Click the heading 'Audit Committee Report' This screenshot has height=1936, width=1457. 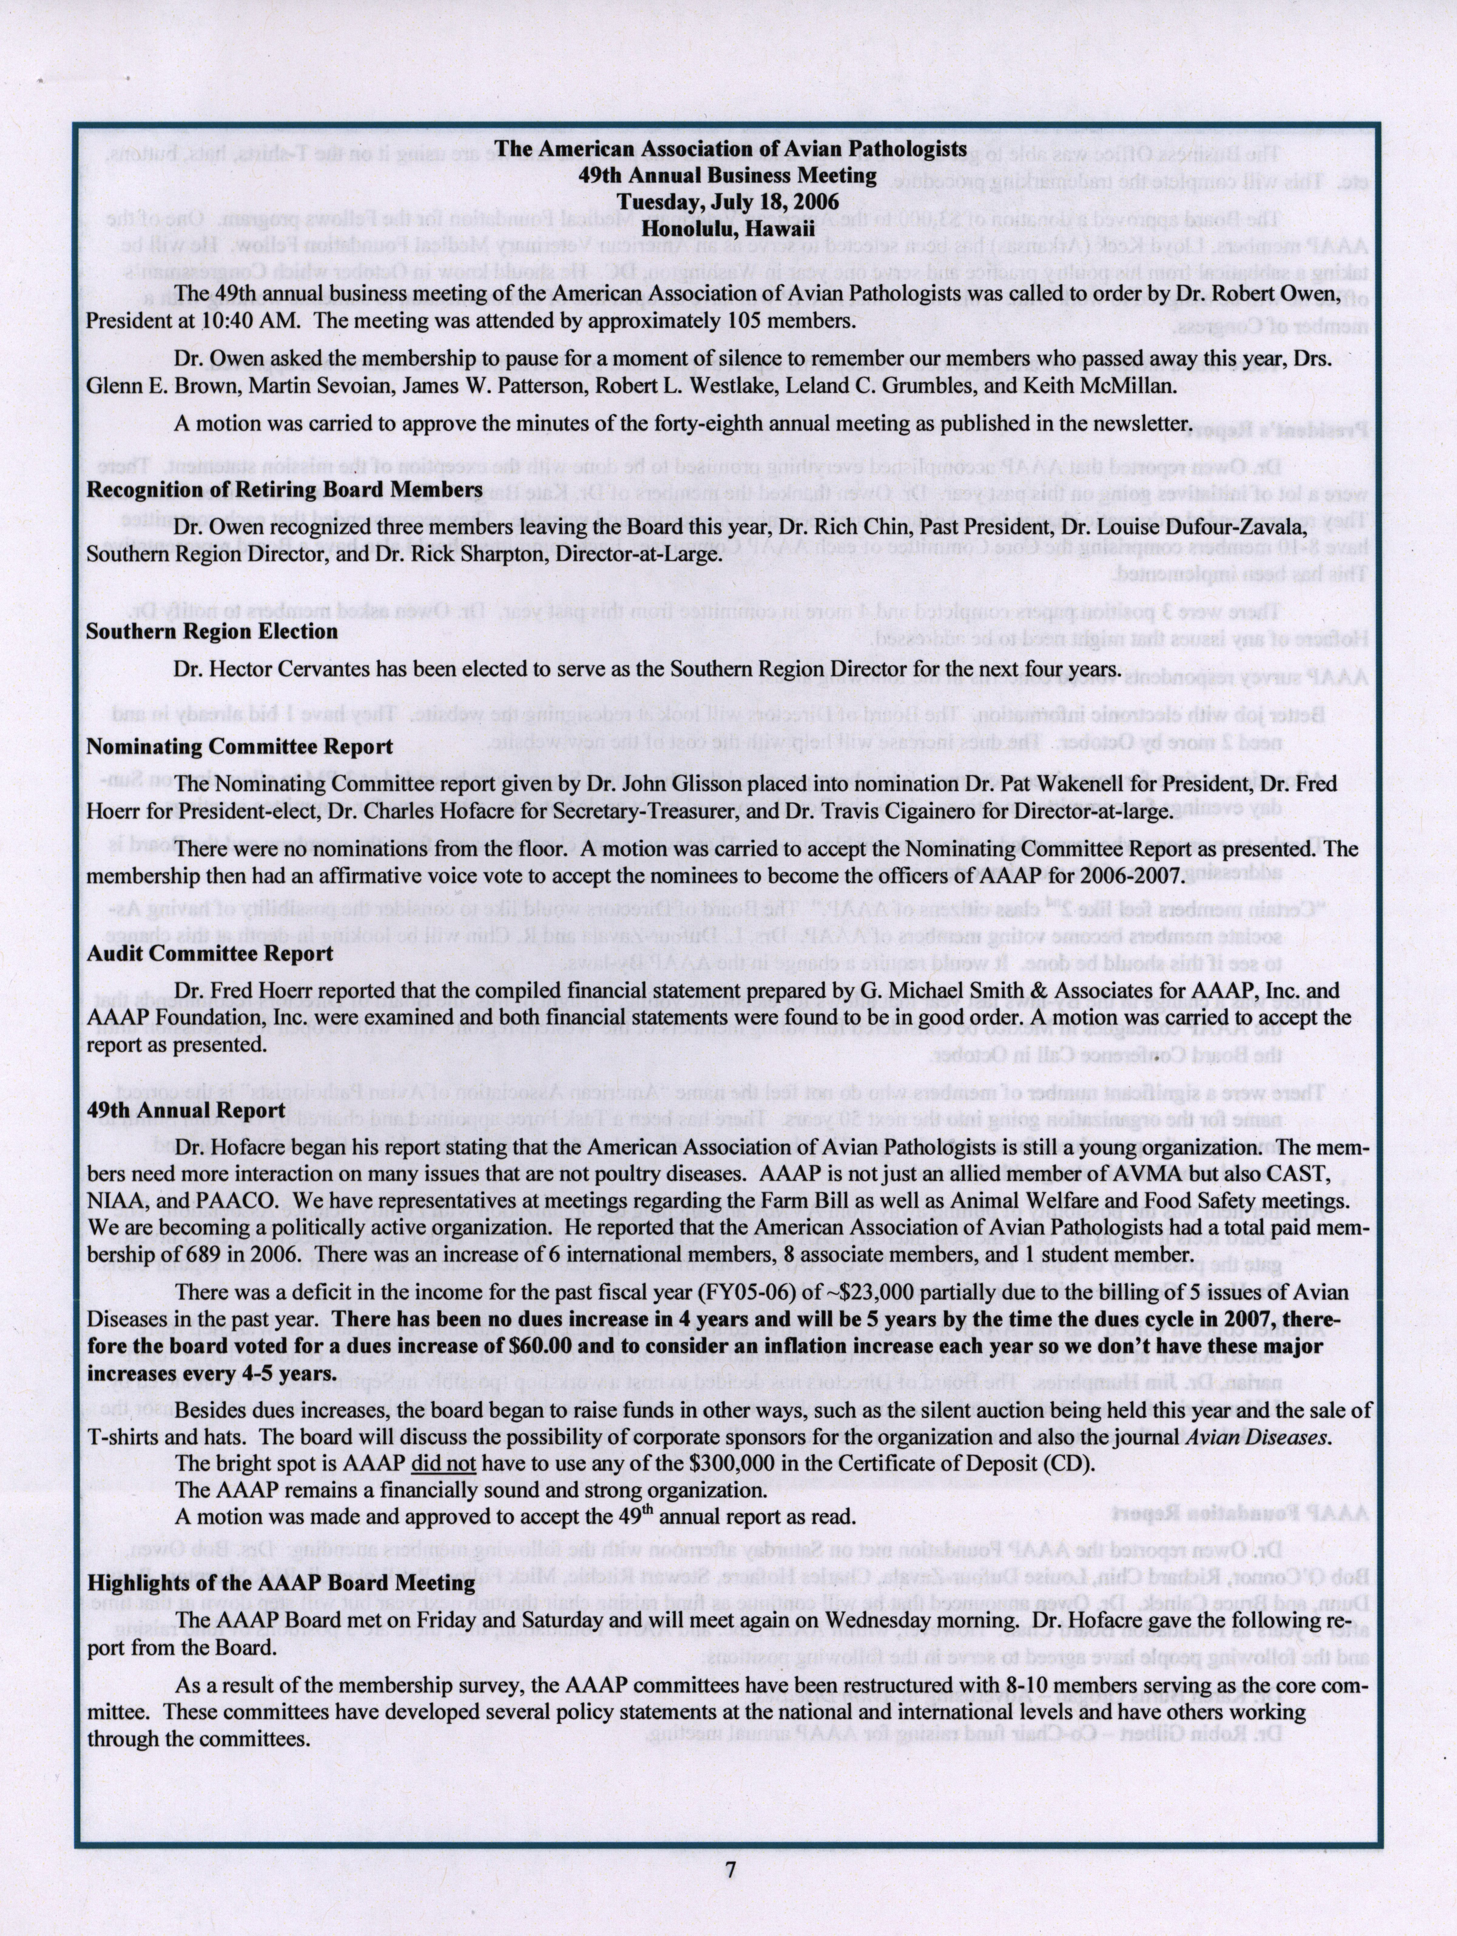coord(210,953)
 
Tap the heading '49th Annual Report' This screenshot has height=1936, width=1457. coord(186,1110)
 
